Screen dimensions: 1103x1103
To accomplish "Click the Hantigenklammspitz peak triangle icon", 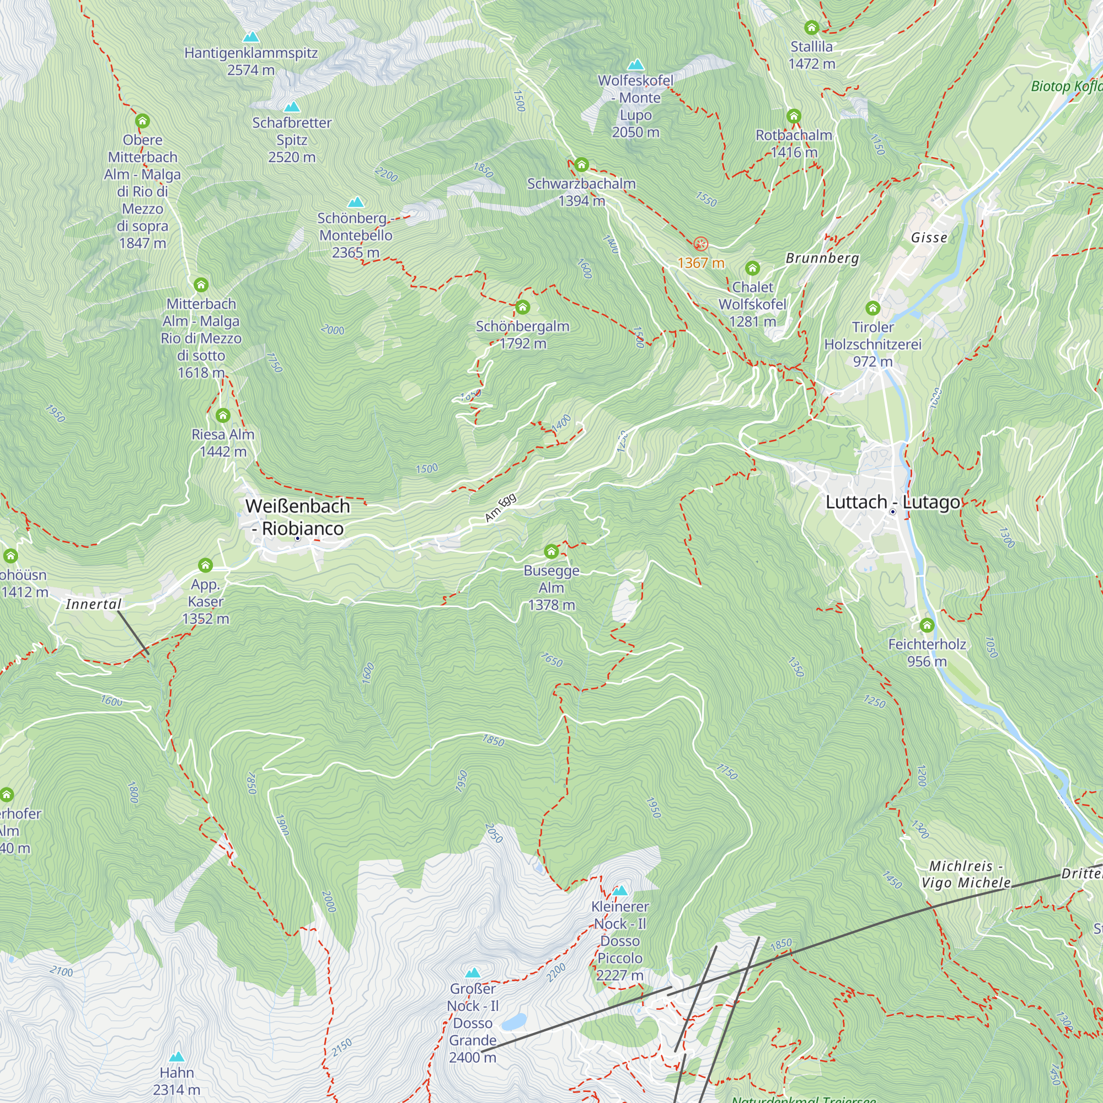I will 250,38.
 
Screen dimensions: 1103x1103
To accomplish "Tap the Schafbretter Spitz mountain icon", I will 292,107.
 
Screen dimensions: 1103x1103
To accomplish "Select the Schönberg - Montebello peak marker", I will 356,202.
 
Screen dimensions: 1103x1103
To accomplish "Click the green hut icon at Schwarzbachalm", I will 581,165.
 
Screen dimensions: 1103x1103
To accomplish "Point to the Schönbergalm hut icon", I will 522,307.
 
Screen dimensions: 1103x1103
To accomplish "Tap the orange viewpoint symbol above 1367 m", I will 700,244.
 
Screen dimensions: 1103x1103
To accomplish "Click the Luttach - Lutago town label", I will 892,502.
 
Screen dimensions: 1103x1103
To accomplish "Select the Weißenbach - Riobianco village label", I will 297,517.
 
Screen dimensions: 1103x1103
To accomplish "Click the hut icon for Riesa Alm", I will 223,416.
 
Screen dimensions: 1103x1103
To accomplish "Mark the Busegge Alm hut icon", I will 551,551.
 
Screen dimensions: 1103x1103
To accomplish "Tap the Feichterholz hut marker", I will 927,625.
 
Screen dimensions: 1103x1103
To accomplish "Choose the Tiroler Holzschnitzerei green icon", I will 872,308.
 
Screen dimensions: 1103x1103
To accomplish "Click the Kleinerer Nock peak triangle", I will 620,891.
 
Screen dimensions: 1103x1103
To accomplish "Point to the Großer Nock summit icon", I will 473,973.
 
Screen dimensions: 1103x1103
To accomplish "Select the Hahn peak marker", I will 176,1057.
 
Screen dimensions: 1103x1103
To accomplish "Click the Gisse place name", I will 929,238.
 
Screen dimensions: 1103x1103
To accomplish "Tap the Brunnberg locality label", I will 822,258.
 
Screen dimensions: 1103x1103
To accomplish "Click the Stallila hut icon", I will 811,28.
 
